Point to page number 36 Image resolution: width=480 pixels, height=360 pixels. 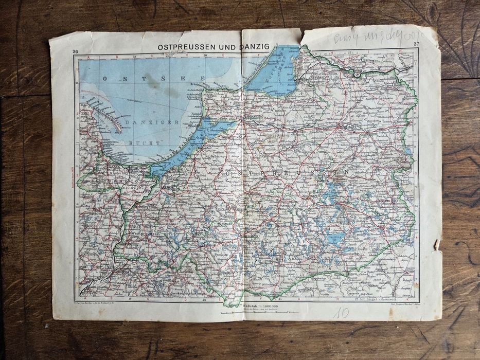point(76,50)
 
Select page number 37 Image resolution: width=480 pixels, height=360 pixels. point(416,44)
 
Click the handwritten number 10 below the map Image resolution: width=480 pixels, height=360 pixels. point(340,313)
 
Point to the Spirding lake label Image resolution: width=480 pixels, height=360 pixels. point(335,237)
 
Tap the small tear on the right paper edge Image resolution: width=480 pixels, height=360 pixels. point(437,244)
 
